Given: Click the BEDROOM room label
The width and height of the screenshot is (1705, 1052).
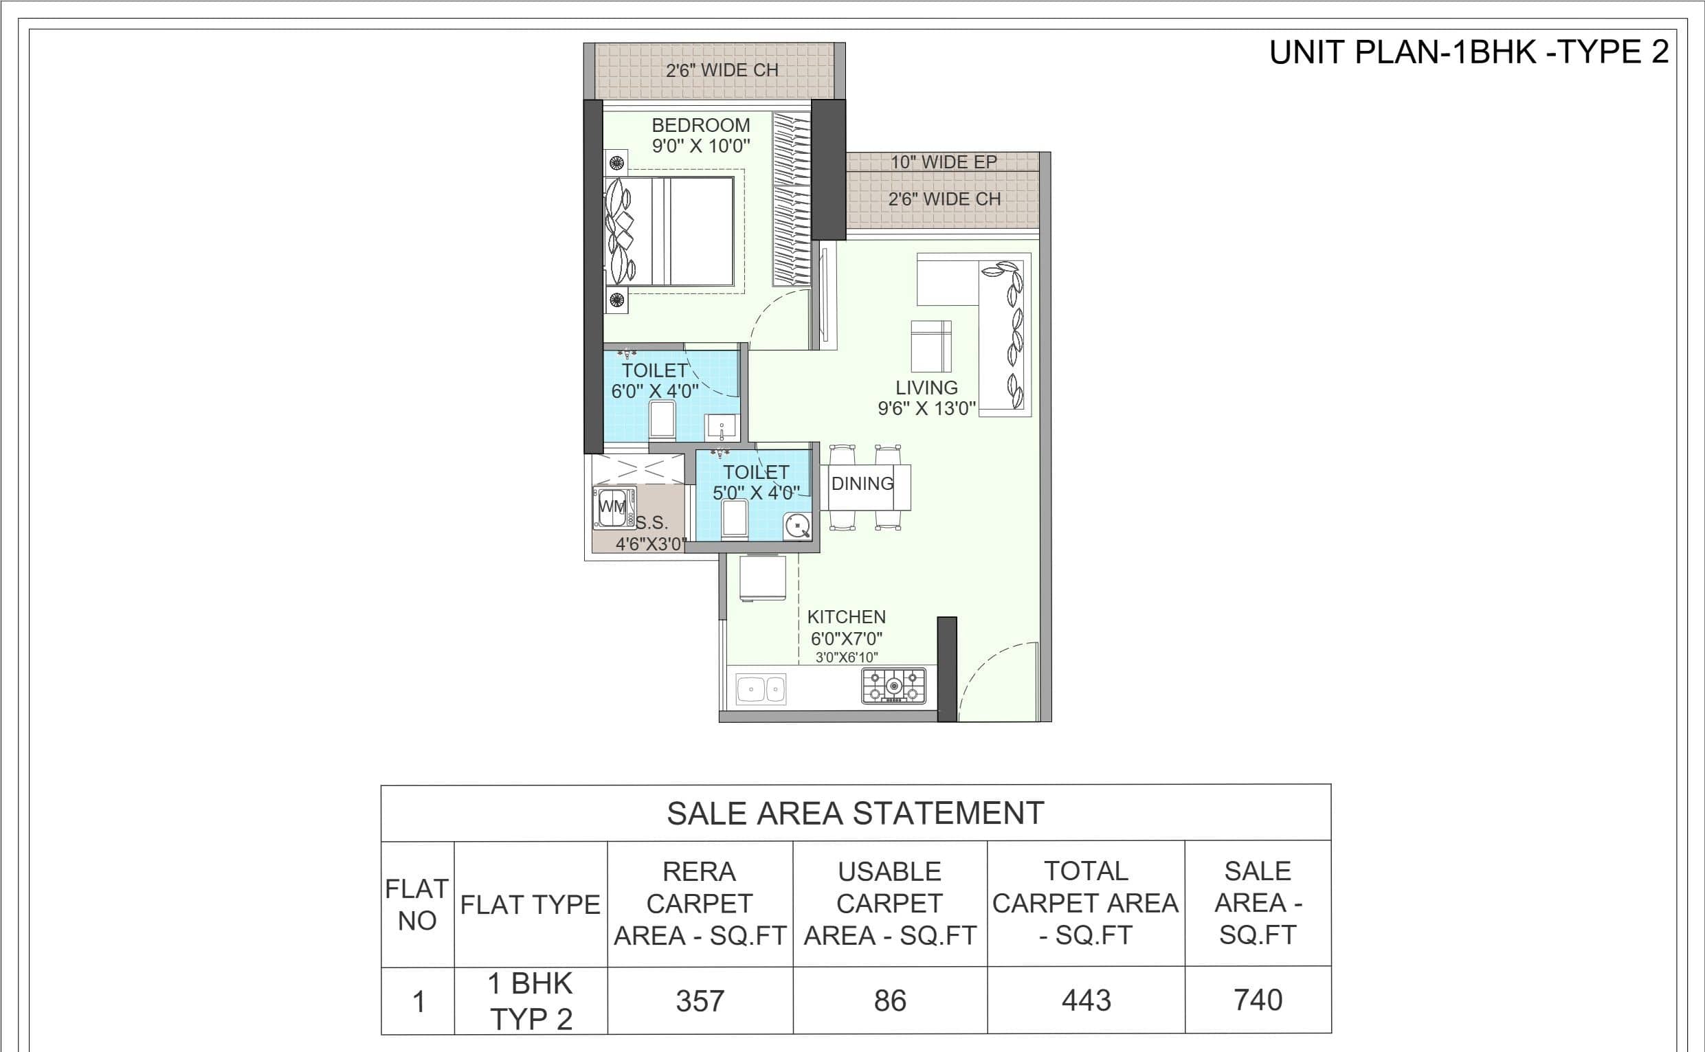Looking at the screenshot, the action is (700, 125).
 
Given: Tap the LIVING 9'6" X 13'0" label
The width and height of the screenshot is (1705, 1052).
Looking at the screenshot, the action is (926, 398).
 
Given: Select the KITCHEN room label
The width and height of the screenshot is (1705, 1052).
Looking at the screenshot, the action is (846, 617).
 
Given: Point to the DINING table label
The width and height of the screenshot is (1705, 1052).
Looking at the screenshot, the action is (862, 484).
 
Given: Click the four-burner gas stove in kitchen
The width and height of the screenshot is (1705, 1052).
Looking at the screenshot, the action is (894, 686).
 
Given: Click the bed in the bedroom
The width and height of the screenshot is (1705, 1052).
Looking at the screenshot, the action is (669, 231).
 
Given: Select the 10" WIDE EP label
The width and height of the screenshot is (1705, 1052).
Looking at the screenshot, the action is (944, 162).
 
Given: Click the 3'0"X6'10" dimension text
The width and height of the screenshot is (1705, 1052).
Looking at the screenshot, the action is (847, 658).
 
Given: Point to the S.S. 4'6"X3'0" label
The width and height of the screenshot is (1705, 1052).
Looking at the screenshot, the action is (651, 534).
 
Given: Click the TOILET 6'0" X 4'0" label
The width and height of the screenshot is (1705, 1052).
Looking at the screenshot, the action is (655, 381).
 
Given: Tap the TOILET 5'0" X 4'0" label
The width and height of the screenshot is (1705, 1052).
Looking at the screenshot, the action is (756, 483).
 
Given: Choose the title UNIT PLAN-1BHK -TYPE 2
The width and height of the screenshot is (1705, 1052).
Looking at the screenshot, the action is (1469, 52).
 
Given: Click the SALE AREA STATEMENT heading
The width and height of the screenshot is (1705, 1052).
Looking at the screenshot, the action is (856, 813).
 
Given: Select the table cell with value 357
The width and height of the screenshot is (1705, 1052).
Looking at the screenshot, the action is (700, 1001).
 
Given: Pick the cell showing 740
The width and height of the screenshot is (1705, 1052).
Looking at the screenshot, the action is (1258, 1000).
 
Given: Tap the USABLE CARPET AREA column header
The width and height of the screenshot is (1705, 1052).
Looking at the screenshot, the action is (890, 904).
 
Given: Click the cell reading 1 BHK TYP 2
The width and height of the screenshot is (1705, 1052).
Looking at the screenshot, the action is (531, 1001).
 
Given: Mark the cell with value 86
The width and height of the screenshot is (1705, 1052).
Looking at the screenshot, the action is (890, 1000).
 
